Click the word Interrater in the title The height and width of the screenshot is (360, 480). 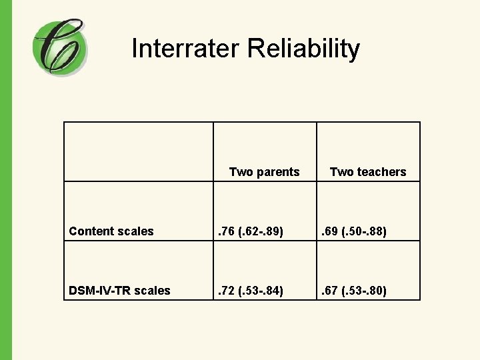coord(185,49)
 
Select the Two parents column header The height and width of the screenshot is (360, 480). coord(264,172)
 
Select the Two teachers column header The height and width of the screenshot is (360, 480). coord(368,172)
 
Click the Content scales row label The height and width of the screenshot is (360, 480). coord(111,231)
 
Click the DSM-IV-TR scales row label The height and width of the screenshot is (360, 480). coord(119,291)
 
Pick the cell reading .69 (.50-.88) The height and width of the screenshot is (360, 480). coord(355,231)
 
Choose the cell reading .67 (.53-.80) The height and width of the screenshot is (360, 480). coord(355,291)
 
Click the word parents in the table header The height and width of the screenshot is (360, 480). coord(277,172)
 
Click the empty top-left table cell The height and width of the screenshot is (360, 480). coord(139,151)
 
